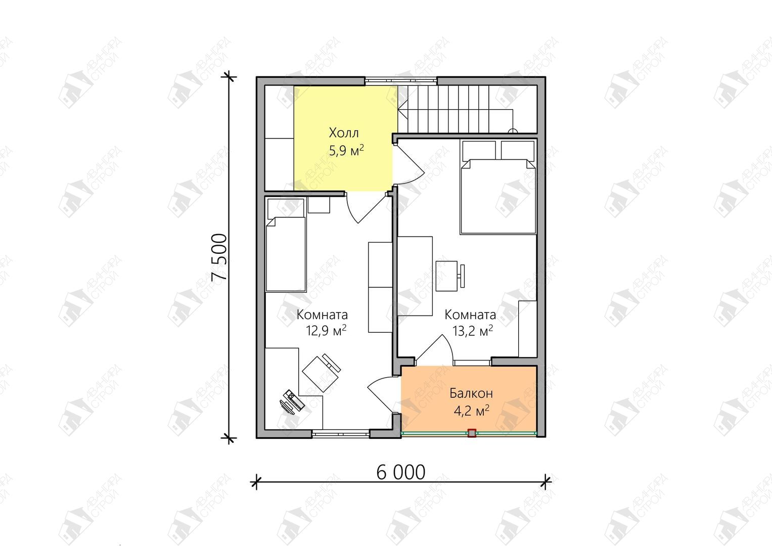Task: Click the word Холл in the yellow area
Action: coord(344,132)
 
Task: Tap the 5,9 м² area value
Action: coord(346,151)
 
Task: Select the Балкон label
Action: coord(471,393)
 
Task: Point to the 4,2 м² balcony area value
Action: coord(472,411)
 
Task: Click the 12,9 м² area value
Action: coord(326,331)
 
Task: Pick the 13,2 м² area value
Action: coord(473,331)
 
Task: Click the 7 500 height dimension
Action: coord(219,257)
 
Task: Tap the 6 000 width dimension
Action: coord(400,473)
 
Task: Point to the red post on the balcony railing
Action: coord(472,433)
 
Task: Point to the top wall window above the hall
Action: coord(401,81)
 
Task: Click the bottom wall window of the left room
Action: coord(341,434)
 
